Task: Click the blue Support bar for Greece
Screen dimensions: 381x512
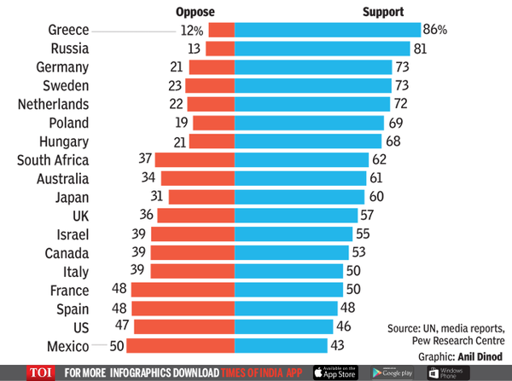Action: (327, 30)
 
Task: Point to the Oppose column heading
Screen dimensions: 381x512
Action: (195, 11)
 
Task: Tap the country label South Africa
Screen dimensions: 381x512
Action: (52, 159)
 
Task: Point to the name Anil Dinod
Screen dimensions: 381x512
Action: (479, 355)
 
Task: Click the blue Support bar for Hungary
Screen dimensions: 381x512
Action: (308, 141)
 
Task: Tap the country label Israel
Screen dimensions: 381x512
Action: (70, 234)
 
